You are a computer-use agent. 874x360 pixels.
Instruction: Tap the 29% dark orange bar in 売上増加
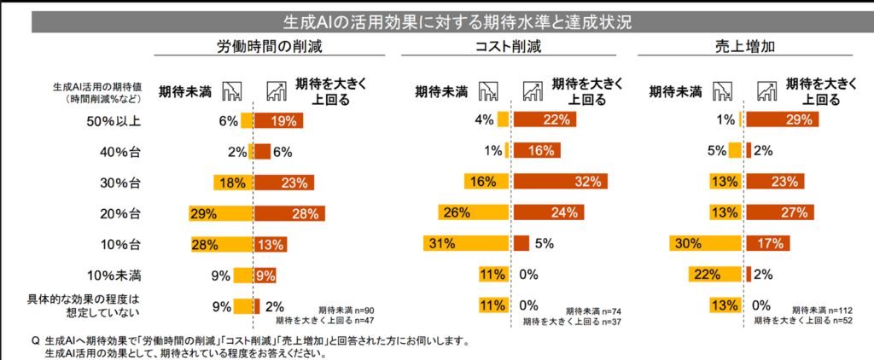coord(782,120)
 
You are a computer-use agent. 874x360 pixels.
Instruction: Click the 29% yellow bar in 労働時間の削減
coord(222,212)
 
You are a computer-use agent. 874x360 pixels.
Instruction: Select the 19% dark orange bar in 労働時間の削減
coord(278,121)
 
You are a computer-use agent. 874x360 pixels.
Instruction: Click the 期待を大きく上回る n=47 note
coord(324,322)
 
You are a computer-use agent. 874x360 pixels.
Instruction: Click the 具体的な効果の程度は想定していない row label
coord(95,305)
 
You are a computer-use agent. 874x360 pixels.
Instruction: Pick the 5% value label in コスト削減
coord(545,243)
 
